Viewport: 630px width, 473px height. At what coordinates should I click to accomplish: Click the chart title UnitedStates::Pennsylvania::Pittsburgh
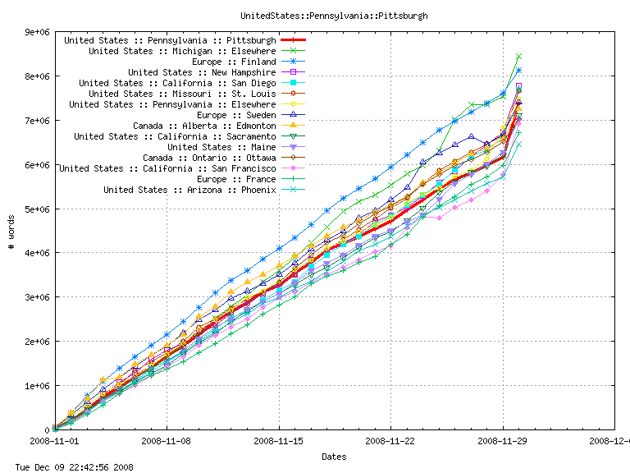point(334,16)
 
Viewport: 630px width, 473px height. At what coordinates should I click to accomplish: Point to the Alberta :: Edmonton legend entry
point(204,126)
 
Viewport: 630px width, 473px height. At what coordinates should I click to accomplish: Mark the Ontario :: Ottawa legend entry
point(209,158)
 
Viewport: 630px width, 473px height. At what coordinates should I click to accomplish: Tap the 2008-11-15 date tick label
point(279,441)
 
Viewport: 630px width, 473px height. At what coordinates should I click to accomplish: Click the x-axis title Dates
point(334,457)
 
